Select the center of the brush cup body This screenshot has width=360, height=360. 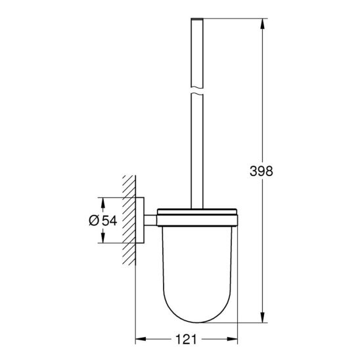(194, 263)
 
